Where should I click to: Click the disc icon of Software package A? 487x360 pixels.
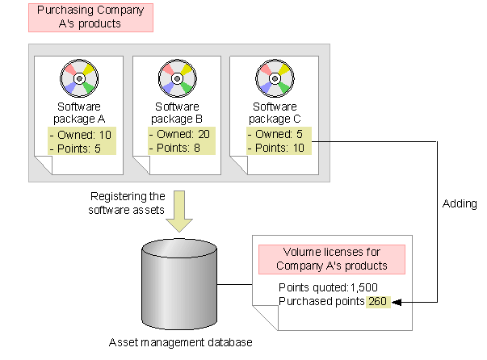[79, 78]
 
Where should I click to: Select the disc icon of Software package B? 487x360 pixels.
[178, 78]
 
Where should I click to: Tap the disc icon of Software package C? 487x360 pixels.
[275, 78]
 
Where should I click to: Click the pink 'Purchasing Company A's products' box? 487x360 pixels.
[90, 18]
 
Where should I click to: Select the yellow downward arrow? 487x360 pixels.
[179, 211]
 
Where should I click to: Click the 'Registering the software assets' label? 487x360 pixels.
[127, 203]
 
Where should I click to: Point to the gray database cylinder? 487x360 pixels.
[179, 284]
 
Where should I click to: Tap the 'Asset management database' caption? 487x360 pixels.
[180, 342]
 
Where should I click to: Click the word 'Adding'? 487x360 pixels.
[460, 203]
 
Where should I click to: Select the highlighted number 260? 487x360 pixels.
[378, 301]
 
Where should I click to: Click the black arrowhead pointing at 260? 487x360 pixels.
[397, 302]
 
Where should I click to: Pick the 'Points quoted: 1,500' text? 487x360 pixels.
[328, 287]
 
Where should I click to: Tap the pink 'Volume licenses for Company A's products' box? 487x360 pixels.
[332, 259]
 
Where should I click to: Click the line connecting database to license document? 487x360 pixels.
[234, 284]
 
